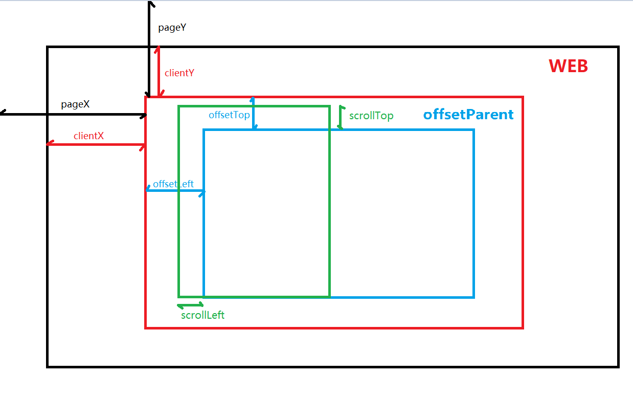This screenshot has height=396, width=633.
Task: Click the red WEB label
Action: [568, 66]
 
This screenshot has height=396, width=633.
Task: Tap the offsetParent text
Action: [468, 115]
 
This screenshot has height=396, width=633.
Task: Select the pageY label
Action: [172, 28]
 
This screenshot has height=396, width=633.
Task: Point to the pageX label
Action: [75, 104]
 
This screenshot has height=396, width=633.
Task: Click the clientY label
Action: [179, 73]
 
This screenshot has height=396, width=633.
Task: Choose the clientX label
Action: [88, 136]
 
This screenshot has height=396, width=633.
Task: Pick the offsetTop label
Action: [229, 115]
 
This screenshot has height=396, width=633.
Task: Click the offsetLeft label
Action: [173, 184]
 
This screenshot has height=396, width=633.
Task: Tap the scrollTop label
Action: [371, 116]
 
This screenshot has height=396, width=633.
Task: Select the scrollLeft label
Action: [202, 315]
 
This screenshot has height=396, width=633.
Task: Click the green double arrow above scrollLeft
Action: [190, 306]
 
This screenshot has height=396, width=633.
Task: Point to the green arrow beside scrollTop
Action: [341, 117]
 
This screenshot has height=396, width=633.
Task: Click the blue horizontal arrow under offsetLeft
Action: [175, 191]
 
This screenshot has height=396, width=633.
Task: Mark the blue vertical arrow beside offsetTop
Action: [253, 113]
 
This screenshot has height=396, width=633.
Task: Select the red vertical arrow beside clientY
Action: [159, 72]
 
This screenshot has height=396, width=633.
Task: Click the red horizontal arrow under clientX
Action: [96, 145]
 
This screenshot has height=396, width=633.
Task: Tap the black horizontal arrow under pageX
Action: [74, 115]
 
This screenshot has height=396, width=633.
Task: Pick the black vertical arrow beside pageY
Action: [149, 49]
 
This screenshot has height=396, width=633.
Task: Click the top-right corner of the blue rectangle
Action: [473, 130]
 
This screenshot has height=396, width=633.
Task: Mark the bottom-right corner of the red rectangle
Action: [523, 327]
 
